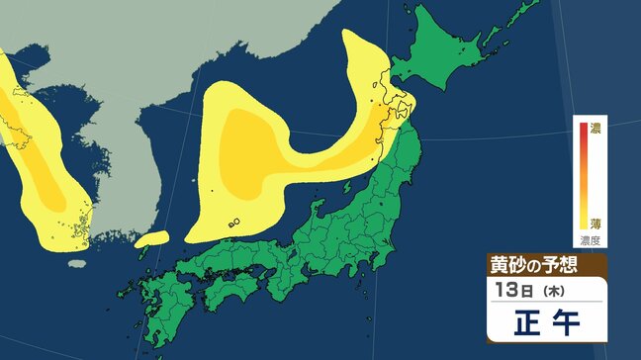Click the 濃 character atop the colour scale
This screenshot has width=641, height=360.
pos(595,127)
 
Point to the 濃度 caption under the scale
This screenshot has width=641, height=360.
pos(590,239)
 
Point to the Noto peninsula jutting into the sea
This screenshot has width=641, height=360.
pos(319,207)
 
